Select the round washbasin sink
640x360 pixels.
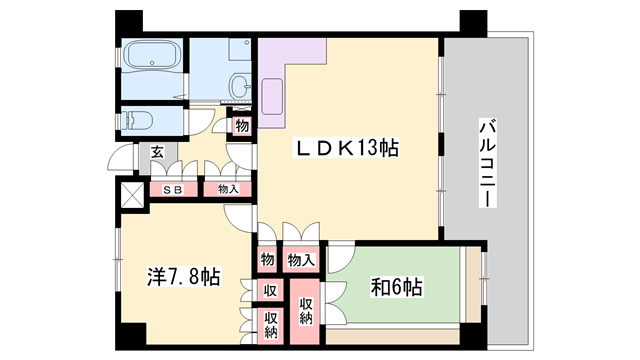click(x=241, y=86)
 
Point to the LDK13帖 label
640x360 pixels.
click(x=345, y=149)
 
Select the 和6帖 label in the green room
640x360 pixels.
click(x=398, y=288)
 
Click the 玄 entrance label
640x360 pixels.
click(x=158, y=152)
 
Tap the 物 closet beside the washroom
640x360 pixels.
click(x=241, y=126)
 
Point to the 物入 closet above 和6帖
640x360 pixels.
click(x=302, y=259)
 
